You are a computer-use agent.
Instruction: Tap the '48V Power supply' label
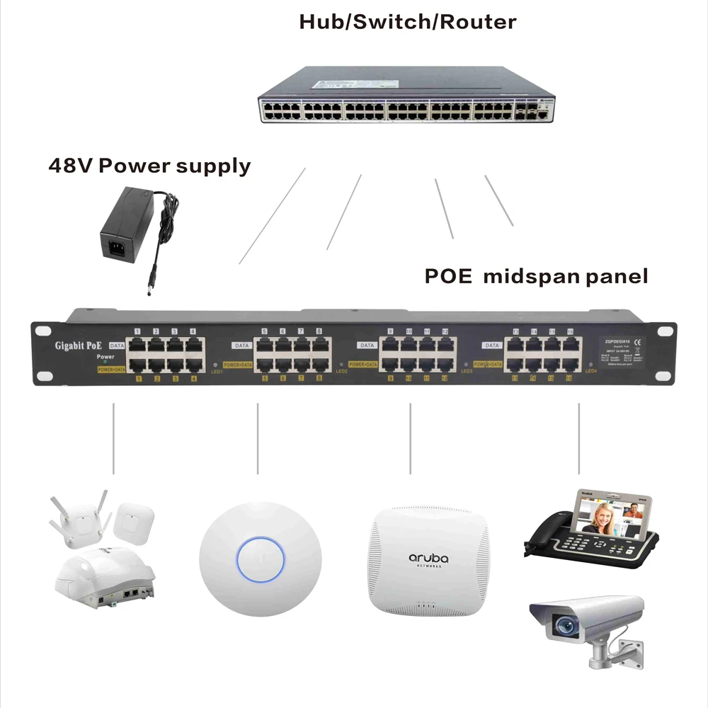(149, 166)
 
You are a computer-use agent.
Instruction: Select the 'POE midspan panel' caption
(536, 276)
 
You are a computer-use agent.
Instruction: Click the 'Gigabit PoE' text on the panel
(79, 346)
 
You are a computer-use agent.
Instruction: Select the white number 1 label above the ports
(139, 331)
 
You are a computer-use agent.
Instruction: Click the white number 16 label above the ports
(570, 331)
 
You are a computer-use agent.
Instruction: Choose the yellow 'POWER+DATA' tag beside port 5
(236, 365)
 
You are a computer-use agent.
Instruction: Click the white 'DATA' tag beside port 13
(491, 345)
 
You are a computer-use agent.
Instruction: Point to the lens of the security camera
(564, 624)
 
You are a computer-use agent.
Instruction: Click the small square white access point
(132, 520)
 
